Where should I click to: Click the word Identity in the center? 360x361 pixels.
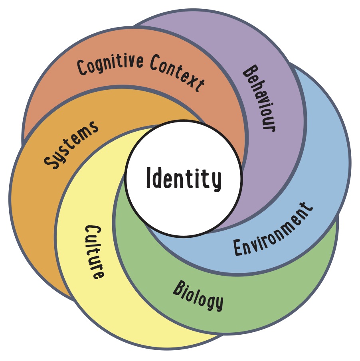[x=184, y=179]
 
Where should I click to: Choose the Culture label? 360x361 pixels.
[x=95, y=252]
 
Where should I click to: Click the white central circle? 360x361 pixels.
[x=184, y=207]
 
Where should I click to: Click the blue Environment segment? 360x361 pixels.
[x=319, y=180]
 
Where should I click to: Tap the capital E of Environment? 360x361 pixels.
[x=238, y=248]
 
